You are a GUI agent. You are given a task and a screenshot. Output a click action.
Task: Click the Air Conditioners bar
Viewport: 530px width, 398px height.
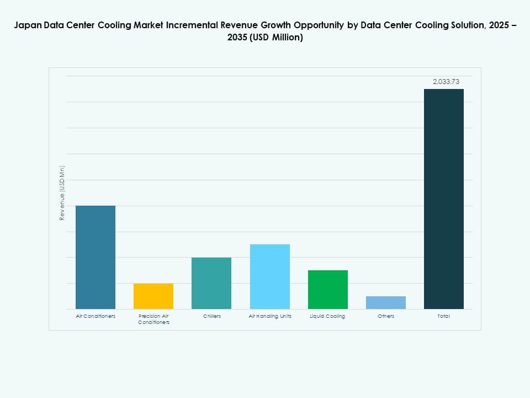tap(96, 257)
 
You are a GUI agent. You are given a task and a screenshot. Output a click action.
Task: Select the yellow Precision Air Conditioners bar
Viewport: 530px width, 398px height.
tap(153, 296)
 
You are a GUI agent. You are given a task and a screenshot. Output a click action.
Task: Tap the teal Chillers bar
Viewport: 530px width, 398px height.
tap(211, 283)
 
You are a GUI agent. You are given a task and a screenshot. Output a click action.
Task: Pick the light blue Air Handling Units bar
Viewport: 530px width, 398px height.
tap(269, 276)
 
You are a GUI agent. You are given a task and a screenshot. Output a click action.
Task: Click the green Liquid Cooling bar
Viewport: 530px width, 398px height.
tap(328, 290)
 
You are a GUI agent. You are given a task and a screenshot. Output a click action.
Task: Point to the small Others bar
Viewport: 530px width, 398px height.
tap(386, 302)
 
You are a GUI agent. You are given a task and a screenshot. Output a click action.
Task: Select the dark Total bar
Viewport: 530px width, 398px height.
tap(444, 199)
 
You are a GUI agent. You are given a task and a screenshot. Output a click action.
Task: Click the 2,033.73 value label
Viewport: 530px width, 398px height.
tap(446, 81)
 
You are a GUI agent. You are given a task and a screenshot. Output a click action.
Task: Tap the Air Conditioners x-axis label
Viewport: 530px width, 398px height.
tap(96, 316)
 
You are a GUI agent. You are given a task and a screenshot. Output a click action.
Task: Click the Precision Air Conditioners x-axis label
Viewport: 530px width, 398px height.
tap(153, 319)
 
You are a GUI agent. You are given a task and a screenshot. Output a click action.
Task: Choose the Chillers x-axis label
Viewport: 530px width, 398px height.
tap(211, 316)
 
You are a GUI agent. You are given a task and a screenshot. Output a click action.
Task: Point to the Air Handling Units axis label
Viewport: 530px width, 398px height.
tap(270, 316)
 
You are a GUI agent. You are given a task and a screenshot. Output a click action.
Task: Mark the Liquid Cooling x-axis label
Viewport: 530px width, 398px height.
tap(328, 316)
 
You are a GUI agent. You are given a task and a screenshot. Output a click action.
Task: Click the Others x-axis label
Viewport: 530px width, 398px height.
tap(386, 316)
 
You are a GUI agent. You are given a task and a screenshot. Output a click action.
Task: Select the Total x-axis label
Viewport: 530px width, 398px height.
tap(444, 316)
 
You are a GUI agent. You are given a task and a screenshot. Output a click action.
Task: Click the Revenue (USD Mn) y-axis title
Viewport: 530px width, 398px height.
tap(62, 193)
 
